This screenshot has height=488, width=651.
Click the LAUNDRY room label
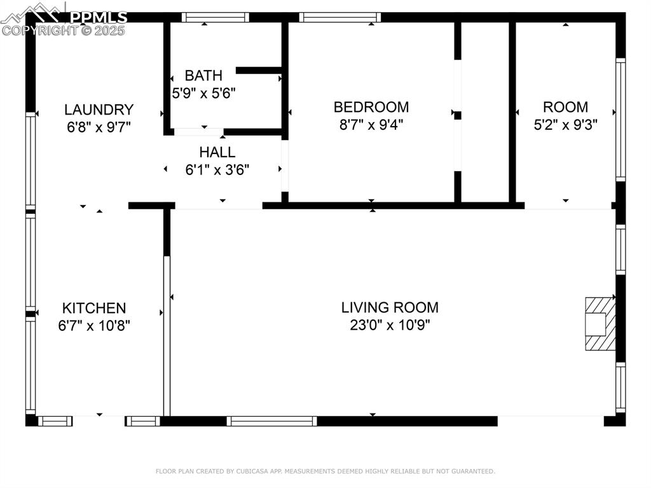coord(99,109)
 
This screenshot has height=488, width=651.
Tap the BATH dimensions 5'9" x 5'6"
coord(203,93)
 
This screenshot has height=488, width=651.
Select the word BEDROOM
coord(371,107)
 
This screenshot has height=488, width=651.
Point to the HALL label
coord(217,153)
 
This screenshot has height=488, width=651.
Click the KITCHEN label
coord(94,309)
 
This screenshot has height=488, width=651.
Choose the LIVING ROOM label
coord(390,308)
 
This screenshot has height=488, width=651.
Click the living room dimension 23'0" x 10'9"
coord(390,325)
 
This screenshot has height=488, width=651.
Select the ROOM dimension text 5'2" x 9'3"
coord(565,124)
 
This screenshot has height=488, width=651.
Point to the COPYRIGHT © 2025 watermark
coord(64,30)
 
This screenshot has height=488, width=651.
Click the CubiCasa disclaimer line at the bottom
coord(325,471)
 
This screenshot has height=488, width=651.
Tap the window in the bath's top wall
coord(206,17)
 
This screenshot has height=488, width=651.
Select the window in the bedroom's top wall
coord(340,17)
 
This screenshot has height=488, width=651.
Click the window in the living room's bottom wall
coord(271,421)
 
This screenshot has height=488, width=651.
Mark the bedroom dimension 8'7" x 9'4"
coord(371,124)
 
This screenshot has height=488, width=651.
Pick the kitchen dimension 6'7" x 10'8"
coord(94,325)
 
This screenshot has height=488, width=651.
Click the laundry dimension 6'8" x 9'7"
coord(99,127)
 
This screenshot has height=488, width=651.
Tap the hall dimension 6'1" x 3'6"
coord(217,170)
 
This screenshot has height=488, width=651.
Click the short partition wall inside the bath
coord(259,70)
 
